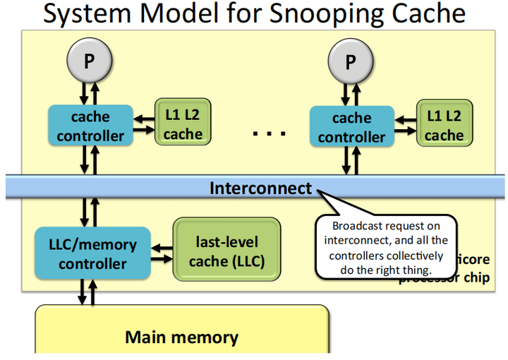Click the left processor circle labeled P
pyautogui.click(x=89, y=60)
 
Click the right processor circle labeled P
pyautogui.click(x=350, y=60)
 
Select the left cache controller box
pyautogui.click(x=90, y=125)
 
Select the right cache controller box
pyautogui.click(x=351, y=126)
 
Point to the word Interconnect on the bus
pyautogui.click(x=260, y=188)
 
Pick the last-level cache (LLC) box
pyautogui.click(x=226, y=251)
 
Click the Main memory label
pyautogui.click(x=181, y=337)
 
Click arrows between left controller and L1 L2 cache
pyautogui.click(x=144, y=124)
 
